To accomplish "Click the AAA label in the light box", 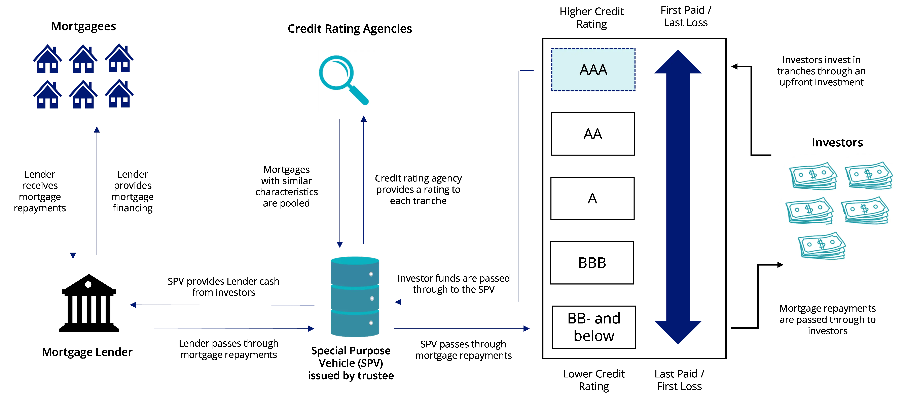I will (593, 70).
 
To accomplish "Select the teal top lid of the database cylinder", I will (355, 261).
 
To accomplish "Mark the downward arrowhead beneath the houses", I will (73, 255).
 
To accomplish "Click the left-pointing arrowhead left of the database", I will (133, 305).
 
